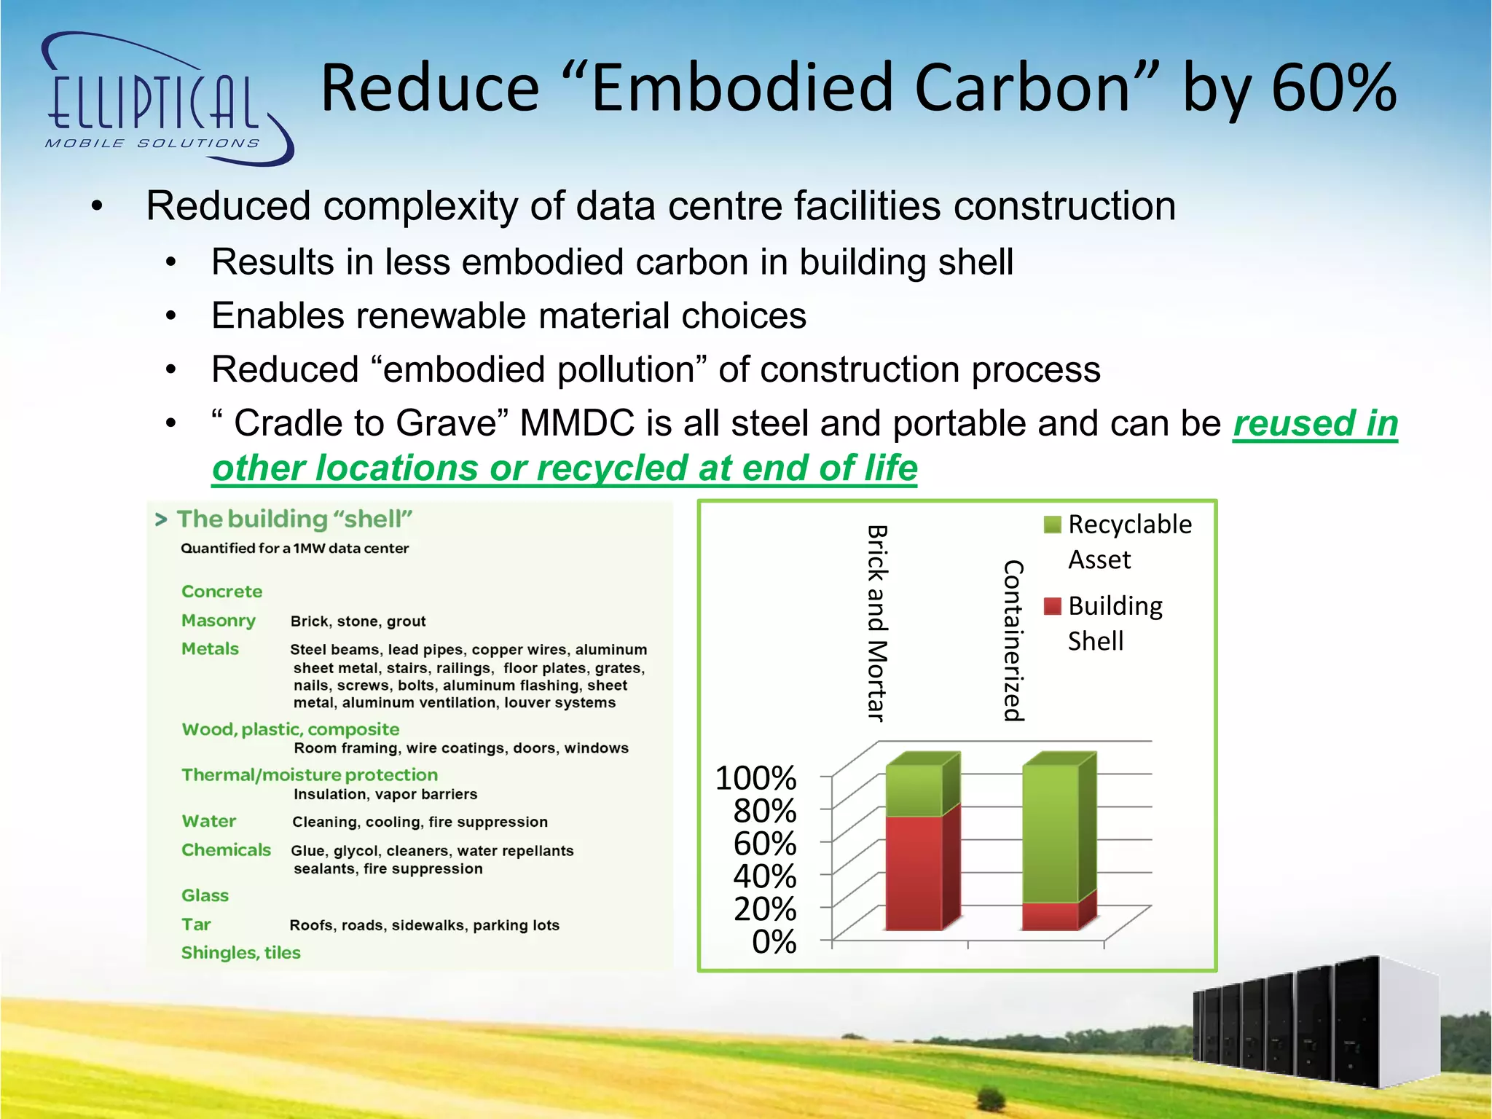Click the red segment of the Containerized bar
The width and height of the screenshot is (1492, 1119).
tap(1050, 916)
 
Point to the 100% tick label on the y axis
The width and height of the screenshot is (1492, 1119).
tap(755, 778)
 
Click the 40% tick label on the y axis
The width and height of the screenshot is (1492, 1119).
tap(764, 876)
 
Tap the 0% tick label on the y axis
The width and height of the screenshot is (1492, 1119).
tap(774, 942)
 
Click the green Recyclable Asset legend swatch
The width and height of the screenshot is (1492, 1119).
tap(1052, 525)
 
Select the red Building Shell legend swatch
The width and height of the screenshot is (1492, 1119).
tap(1052, 606)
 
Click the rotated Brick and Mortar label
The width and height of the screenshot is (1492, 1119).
tap(877, 624)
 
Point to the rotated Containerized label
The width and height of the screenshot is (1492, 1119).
tap(1013, 641)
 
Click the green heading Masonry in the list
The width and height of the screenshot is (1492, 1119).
tap(218, 621)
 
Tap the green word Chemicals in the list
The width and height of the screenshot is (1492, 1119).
tap(226, 850)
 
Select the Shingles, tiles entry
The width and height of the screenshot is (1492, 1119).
tap(240, 953)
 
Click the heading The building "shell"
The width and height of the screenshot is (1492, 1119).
tap(294, 519)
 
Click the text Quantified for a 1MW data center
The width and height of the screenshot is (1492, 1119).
tap(294, 549)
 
